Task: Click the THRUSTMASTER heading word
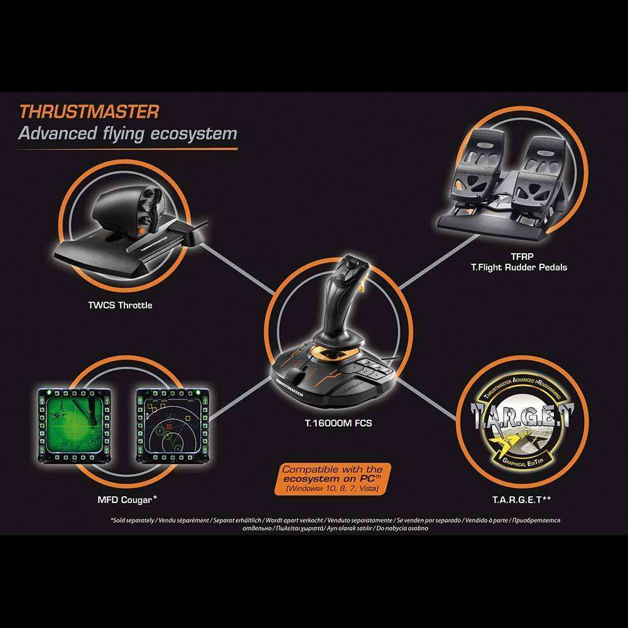pyautogui.click(x=88, y=112)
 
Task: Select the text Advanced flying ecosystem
pyautogui.click(x=127, y=133)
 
